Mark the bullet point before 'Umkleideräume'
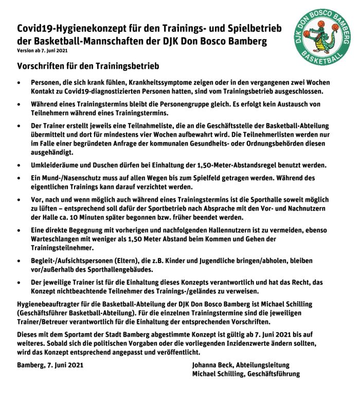coord(20,165)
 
